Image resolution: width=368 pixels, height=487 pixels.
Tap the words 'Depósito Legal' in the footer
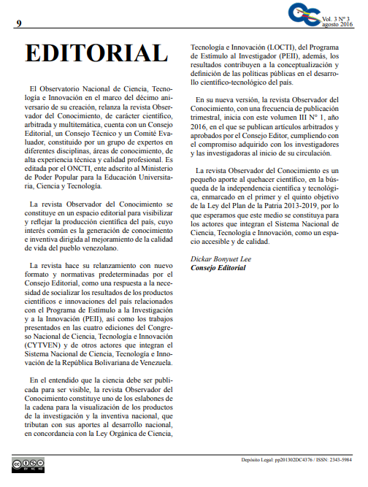point(258,460)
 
